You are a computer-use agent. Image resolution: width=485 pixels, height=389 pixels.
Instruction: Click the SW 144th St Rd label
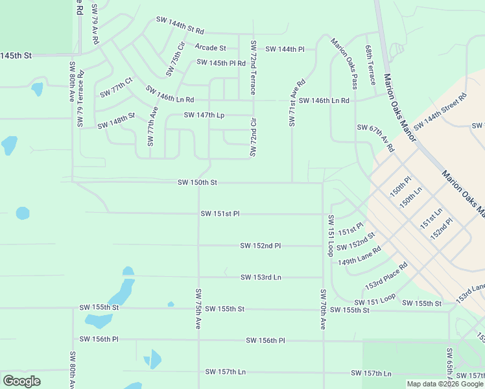180,25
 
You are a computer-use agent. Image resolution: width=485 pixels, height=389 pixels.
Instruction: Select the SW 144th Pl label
285,49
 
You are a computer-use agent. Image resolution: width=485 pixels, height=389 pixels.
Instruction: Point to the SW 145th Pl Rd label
221,64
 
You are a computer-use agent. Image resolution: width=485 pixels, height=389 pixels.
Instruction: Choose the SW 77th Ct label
116,88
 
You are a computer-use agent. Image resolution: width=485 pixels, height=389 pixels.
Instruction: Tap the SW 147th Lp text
204,115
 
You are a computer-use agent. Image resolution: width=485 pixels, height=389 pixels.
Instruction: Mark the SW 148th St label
116,121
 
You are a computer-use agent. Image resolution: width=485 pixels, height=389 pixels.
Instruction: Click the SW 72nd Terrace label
254,68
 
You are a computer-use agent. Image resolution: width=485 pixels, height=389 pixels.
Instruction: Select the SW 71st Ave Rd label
297,103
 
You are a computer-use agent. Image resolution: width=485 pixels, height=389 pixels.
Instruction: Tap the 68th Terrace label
370,65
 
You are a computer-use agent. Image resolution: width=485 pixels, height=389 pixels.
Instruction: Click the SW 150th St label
197,183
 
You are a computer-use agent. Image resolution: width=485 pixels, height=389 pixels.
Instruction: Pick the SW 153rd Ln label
261,277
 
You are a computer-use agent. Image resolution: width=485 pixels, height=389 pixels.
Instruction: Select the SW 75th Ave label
198,309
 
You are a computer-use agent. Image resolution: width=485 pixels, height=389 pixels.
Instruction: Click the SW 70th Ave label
322,309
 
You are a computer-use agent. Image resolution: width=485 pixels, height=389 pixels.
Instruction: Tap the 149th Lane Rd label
359,257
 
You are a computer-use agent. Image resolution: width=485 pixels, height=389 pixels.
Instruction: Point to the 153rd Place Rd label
386,276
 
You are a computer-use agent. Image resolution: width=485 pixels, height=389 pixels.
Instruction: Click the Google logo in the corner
21,381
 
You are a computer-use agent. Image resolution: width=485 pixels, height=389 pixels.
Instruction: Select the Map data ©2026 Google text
445,384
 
